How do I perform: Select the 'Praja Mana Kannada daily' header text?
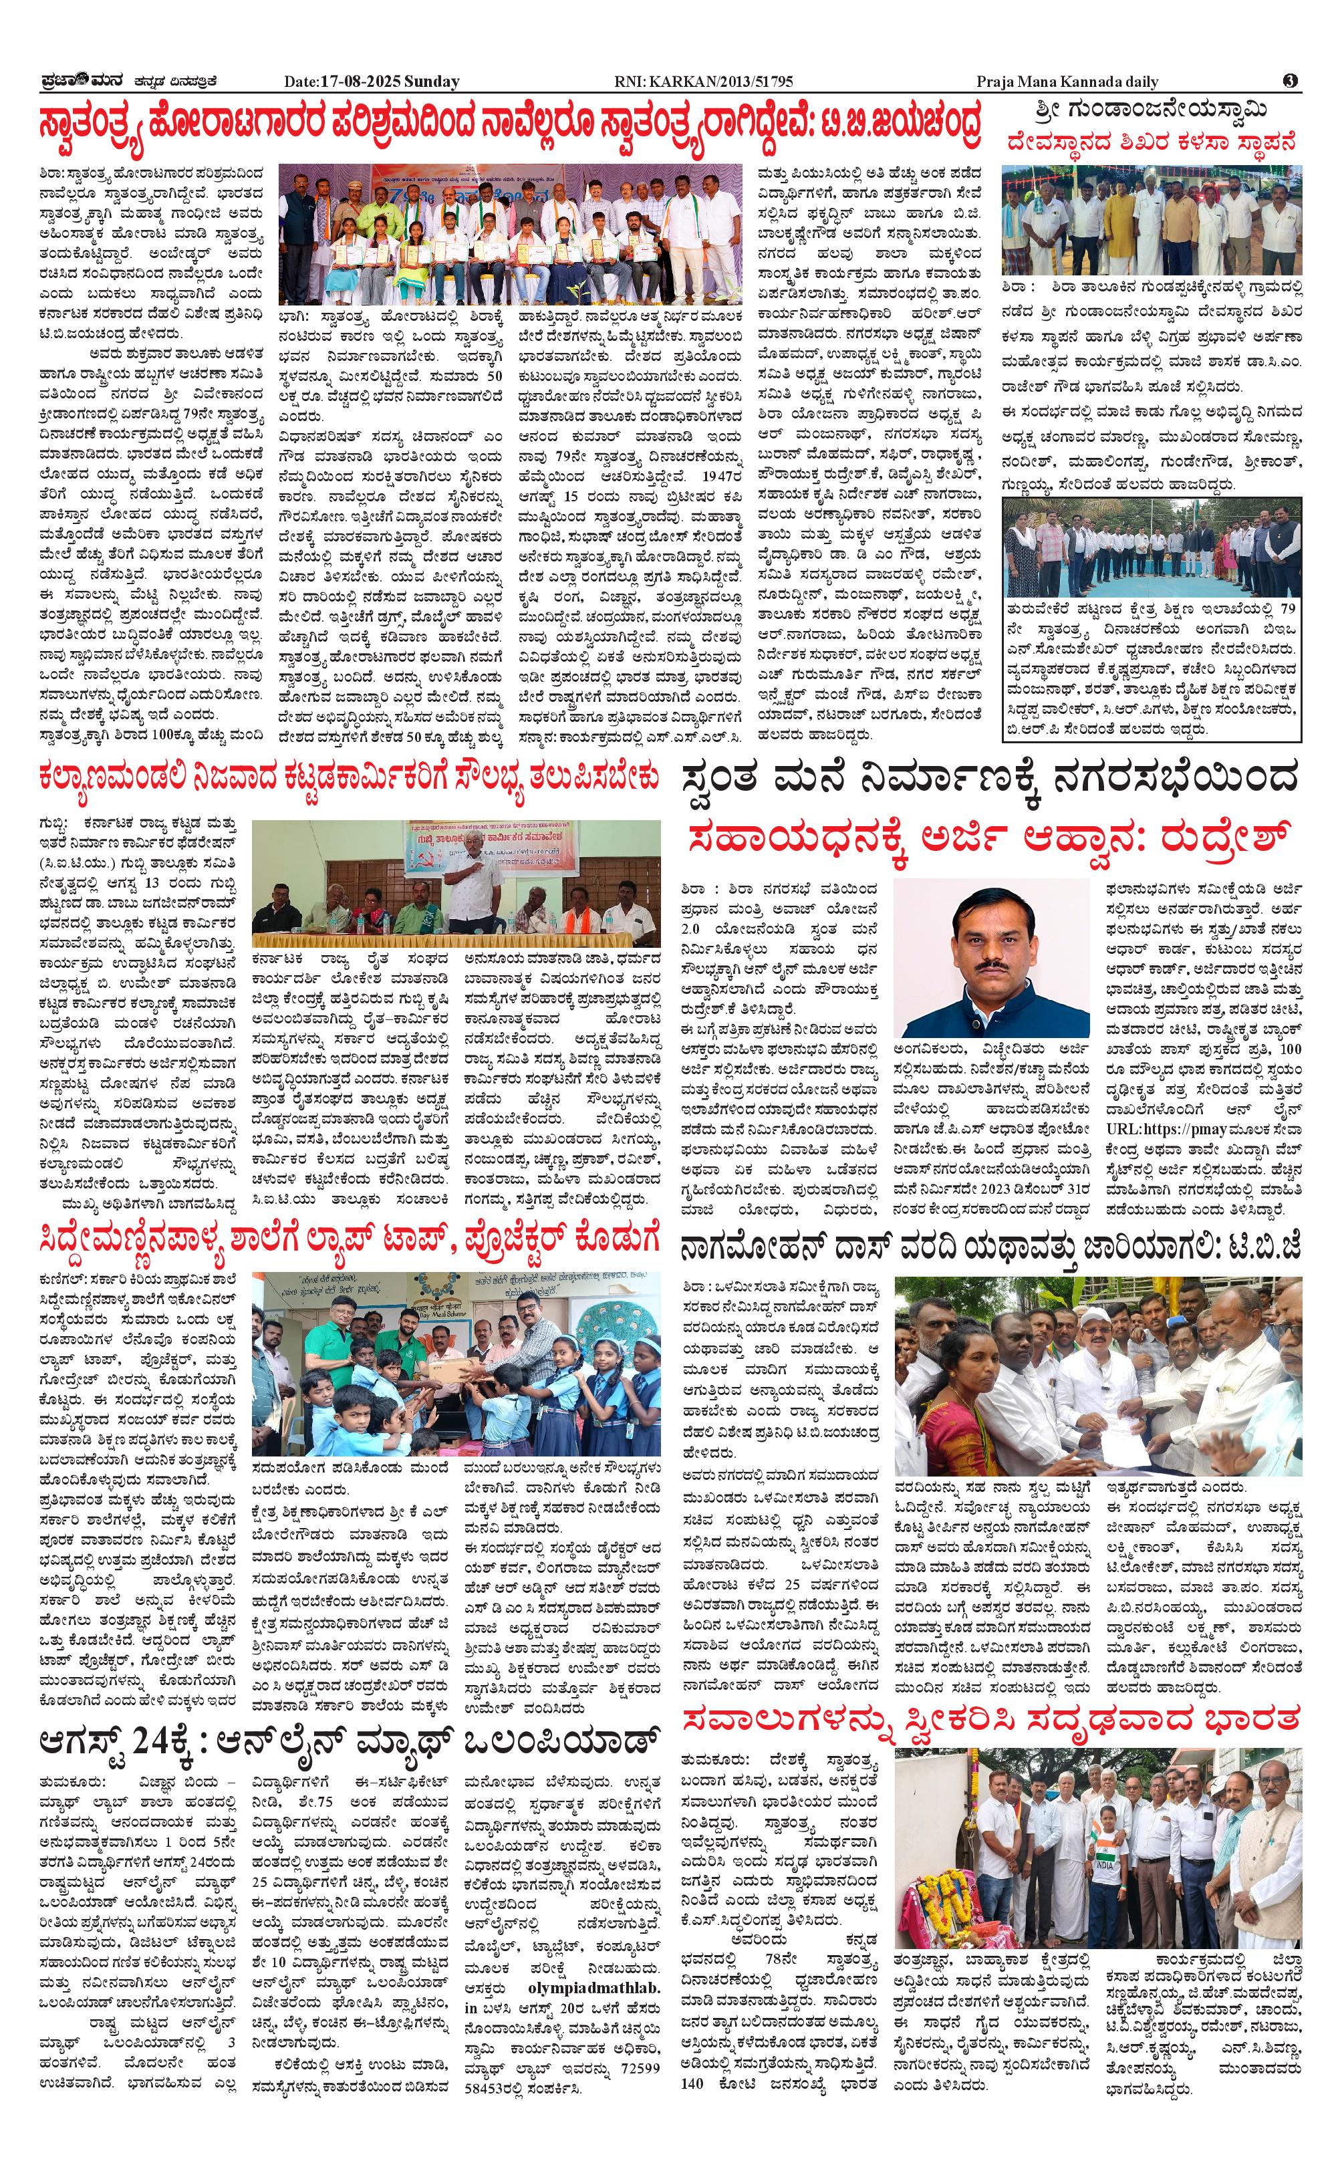(1067, 82)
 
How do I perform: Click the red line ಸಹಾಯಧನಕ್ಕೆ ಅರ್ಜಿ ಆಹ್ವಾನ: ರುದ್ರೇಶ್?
(990, 839)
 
